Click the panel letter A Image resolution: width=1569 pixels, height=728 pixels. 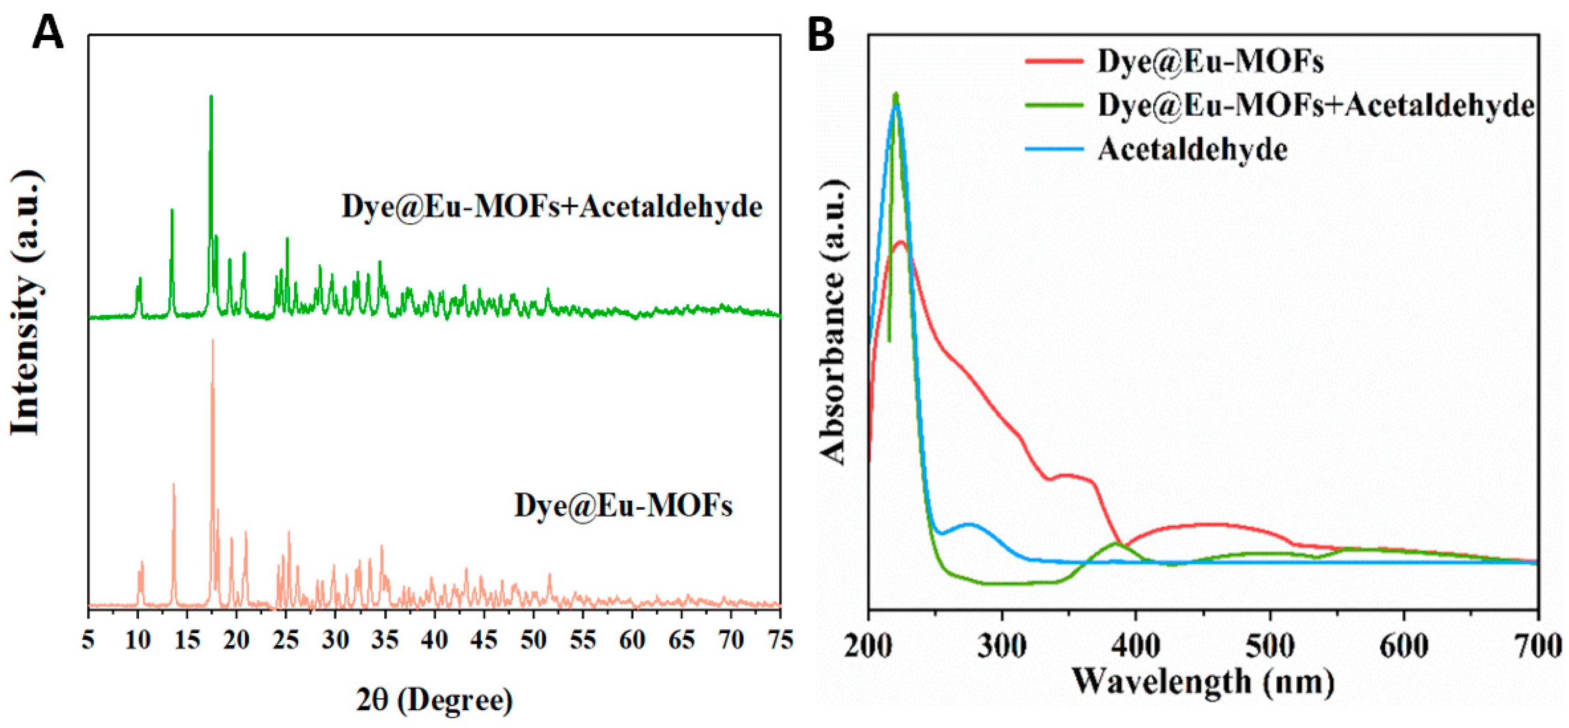tap(47, 33)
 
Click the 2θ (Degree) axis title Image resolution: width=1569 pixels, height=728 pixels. tap(434, 701)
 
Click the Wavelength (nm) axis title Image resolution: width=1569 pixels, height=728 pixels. tap(1203, 681)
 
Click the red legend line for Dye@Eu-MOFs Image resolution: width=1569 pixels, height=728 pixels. tap(1054, 61)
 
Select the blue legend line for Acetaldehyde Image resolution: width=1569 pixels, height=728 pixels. tap(1054, 149)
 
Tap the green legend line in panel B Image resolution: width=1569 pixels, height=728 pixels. tap(1054, 105)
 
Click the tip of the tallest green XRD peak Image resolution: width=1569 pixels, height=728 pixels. tap(211, 96)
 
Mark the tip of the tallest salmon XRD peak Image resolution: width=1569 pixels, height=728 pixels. tap(213, 340)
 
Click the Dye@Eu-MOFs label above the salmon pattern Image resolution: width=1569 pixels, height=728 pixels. tap(623, 506)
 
